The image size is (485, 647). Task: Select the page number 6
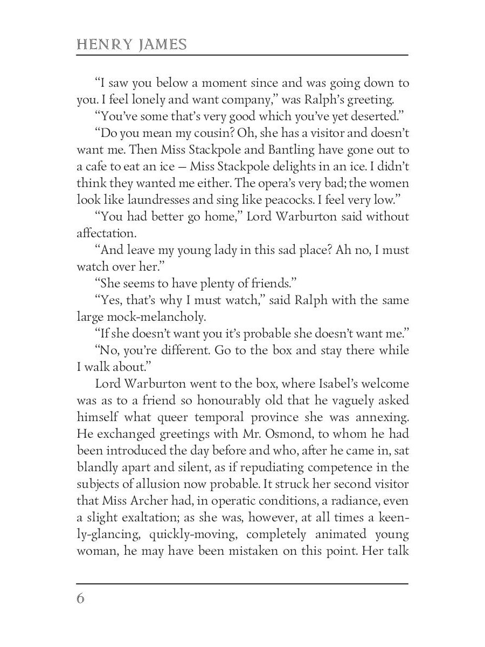[81, 599]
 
